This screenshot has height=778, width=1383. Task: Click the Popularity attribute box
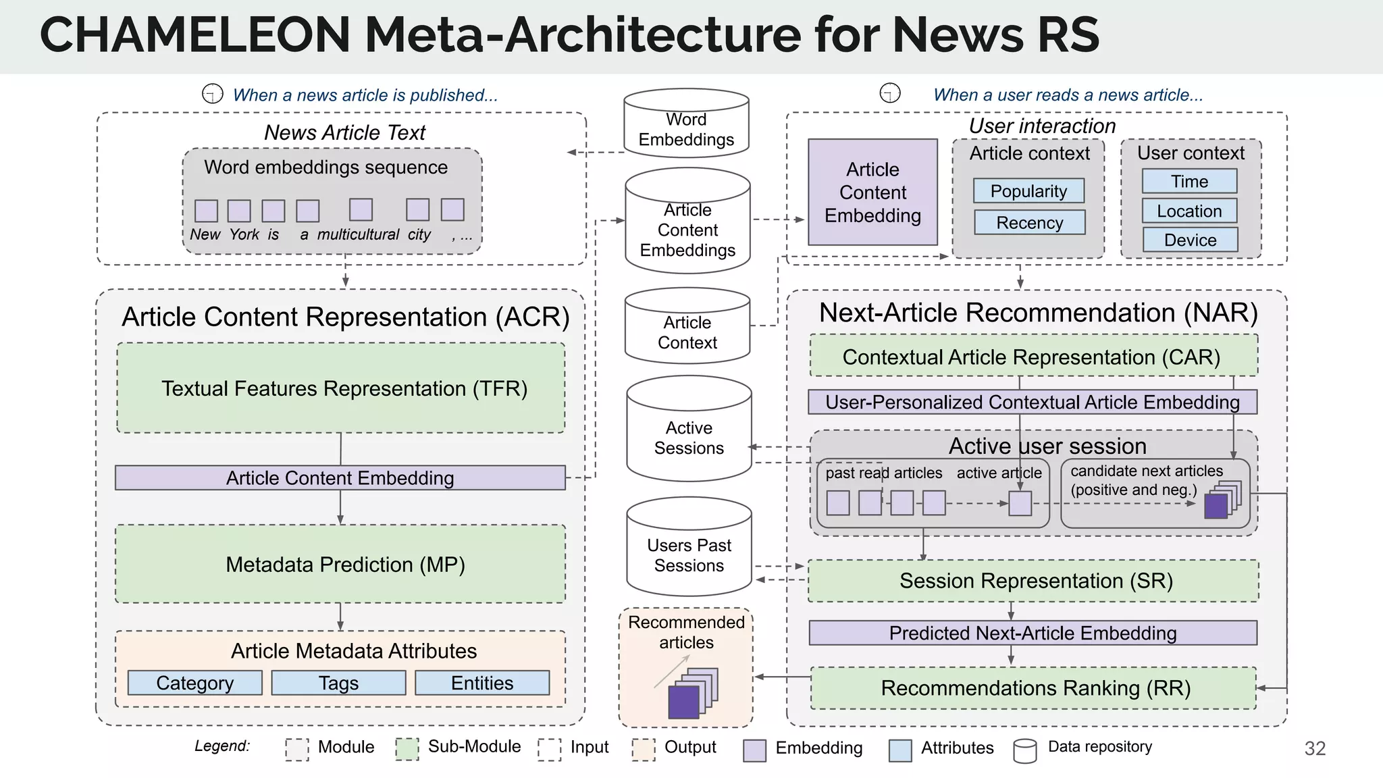pyautogui.click(x=1028, y=191)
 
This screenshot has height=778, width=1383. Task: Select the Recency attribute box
pyautogui.click(x=1029, y=222)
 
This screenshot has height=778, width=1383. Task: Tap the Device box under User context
pyautogui.click(x=1190, y=240)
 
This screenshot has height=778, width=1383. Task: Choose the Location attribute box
pyautogui.click(x=1189, y=211)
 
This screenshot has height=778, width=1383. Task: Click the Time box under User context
pyautogui.click(x=1189, y=181)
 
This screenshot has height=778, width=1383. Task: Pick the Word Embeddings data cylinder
pyautogui.click(x=686, y=128)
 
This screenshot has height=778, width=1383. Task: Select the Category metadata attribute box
pyautogui.click(x=194, y=683)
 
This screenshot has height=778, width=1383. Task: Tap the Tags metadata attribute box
pyautogui.click(x=338, y=683)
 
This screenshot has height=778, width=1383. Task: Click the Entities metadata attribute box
pyautogui.click(x=482, y=683)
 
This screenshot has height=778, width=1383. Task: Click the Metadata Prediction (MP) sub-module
pyautogui.click(x=340, y=564)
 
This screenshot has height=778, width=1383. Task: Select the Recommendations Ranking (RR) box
pyautogui.click(x=1033, y=688)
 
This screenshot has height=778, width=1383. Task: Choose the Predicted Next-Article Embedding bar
pyautogui.click(x=1033, y=633)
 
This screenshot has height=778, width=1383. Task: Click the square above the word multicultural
pyautogui.click(x=361, y=209)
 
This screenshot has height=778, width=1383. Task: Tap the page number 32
pyautogui.click(x=1314, y=748)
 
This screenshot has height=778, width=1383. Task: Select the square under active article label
pyautogui.click(x=1020, y=503)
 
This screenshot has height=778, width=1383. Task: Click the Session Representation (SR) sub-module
pyautogui.click(x=1033, y=580)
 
